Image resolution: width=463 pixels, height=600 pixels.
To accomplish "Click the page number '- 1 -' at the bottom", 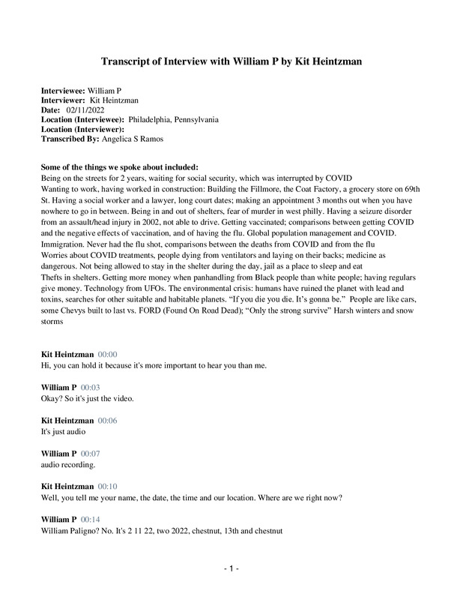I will coord(231,569).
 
